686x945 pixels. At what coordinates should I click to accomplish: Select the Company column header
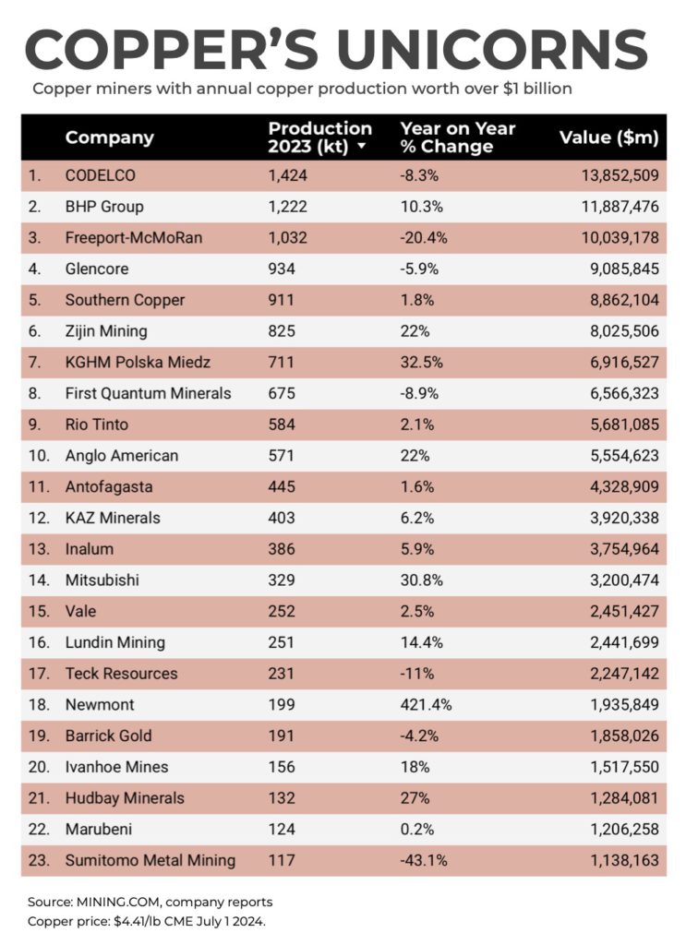pos(109,138)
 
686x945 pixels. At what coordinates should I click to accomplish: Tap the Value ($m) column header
pos(608,138)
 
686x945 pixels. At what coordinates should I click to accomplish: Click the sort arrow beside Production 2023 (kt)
pos(362,147)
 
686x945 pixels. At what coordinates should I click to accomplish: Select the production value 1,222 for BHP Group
pos(287,207)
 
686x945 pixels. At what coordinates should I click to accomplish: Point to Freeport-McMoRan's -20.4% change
pos(424,238)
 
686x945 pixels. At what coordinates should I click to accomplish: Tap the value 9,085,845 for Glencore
pos(614,269)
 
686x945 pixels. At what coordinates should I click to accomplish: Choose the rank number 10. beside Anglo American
pos(37,456)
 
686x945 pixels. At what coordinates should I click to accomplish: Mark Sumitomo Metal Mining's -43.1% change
pos(424,860)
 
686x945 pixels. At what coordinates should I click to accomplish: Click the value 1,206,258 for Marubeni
pos(614,829)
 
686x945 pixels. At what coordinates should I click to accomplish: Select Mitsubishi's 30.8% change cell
pos(421,580)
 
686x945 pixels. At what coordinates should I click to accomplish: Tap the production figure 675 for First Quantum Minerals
pos(282,393)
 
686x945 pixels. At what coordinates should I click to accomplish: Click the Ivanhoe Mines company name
pos(116,767)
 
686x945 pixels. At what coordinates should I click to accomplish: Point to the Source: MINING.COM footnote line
pos(150,902)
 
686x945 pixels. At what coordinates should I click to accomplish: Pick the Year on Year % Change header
pos(457,138)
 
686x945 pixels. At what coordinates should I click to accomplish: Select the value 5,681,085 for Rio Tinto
pos(614,425)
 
